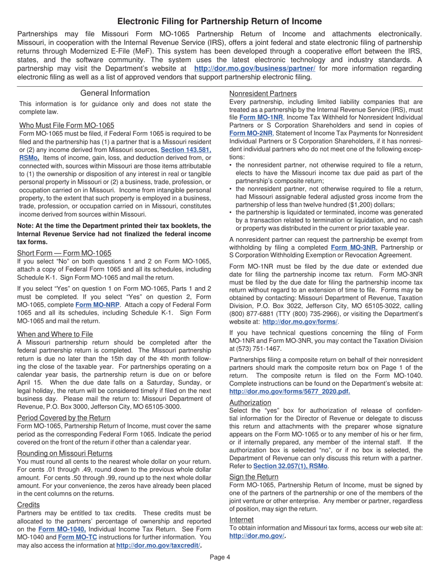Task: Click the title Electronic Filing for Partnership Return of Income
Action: [x=220, y=21]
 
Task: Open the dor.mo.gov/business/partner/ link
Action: [x=255, y=69]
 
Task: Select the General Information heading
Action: [x=115, y=93]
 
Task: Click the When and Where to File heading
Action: [x=55, y=334]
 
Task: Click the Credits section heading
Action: [x=28, y=504]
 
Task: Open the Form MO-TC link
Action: [x=77, y=537]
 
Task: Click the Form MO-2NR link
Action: [x=251, y=133]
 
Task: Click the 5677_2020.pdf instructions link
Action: [x=289, y=392]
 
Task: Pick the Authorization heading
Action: [x=250, y=402]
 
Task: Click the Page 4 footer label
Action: [x=220, y=557]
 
